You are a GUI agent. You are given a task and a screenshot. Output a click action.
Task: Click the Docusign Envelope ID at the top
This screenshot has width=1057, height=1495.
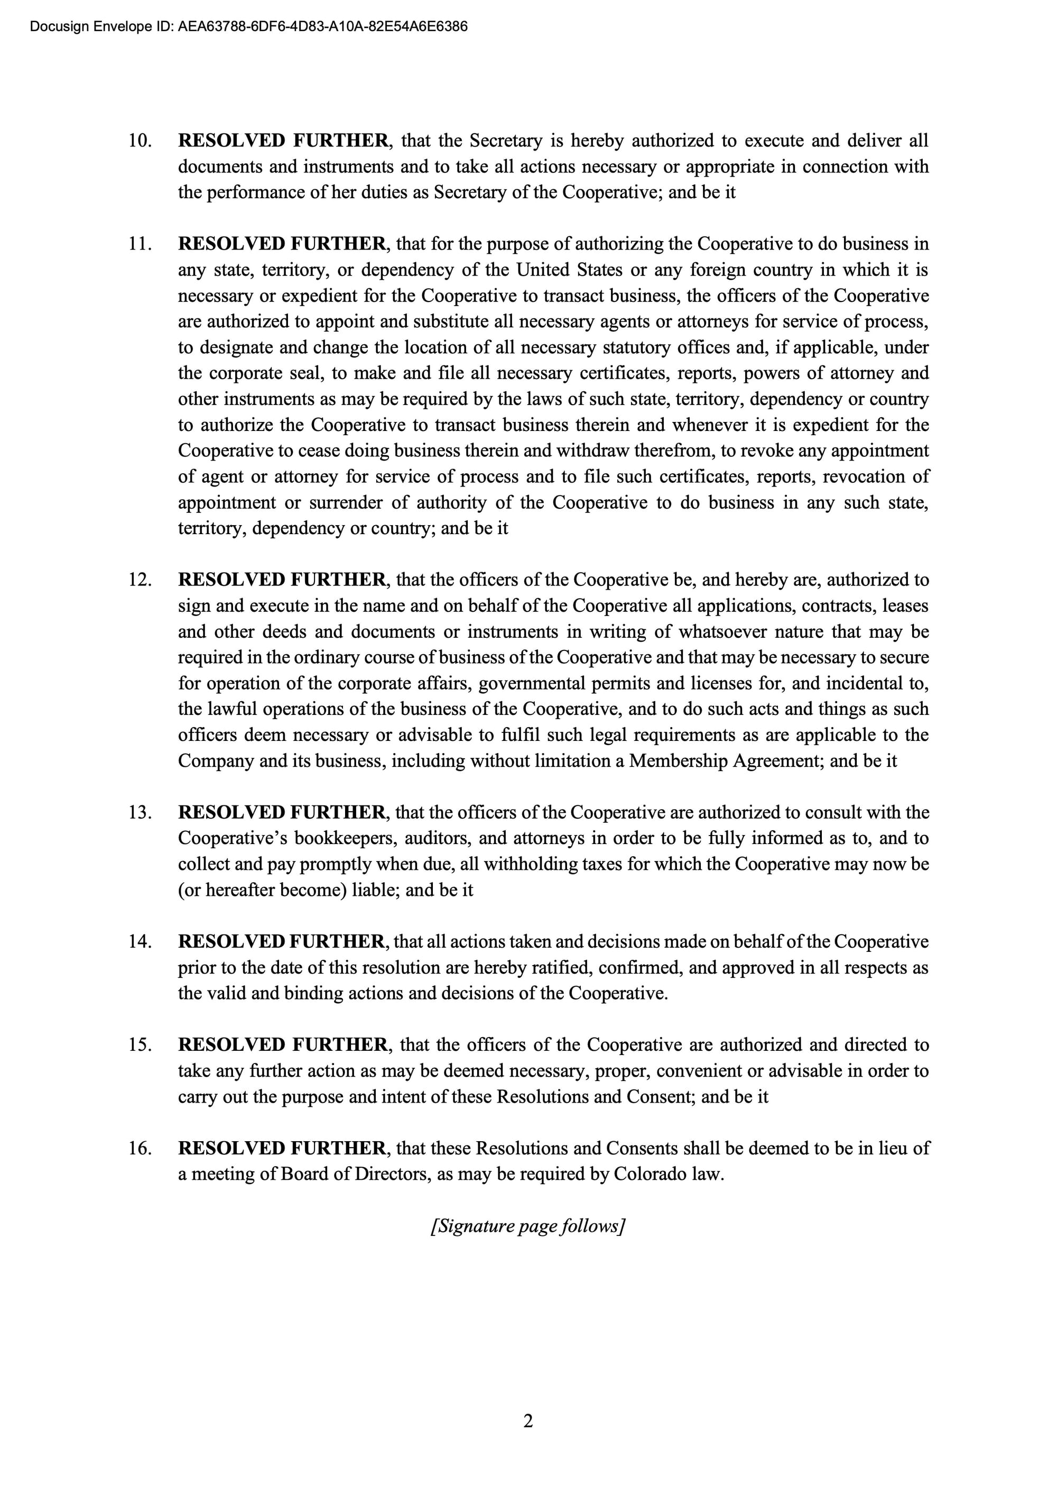pyautogui.click(x=248, y=26)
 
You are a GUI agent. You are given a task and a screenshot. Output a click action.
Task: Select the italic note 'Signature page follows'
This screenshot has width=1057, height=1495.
pyautogui.click(x=528, y=1226)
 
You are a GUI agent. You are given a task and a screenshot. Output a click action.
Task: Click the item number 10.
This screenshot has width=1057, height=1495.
pyautogui.click(x=140, y=141)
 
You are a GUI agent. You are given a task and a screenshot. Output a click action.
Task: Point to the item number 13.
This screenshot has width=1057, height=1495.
pyautogui.click(x=140, y=813)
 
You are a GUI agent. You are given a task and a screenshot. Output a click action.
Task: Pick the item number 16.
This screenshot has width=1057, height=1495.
pyautogui.click(x=140, y=1148)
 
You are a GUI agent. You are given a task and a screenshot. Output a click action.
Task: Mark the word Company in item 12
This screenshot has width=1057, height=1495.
pyautogui.click(x=216, y=760)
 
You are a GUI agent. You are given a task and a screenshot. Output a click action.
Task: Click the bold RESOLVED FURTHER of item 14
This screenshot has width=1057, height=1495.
pyautogui.click(x=282, y=941)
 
